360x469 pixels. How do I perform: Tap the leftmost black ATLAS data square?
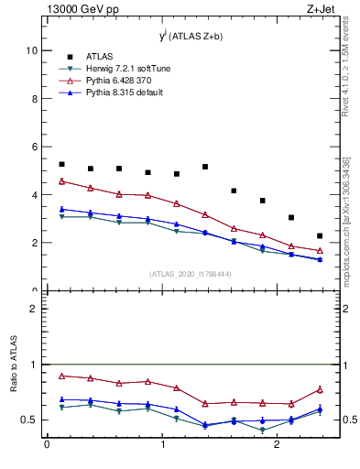[x=61, y=164]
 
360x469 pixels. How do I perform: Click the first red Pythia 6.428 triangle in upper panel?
[x=61, y=181]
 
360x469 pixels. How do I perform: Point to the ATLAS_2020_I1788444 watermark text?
[x=191, y=274]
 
